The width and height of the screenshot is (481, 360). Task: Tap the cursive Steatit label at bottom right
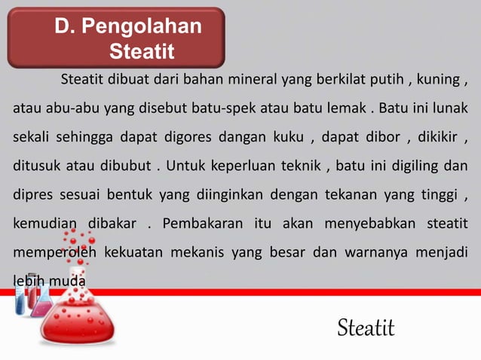click(366, 328)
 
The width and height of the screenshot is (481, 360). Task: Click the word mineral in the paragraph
click(253, 81)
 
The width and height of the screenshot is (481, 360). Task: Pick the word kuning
click(440, 81)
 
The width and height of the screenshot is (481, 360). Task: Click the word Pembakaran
click(202, 224)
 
